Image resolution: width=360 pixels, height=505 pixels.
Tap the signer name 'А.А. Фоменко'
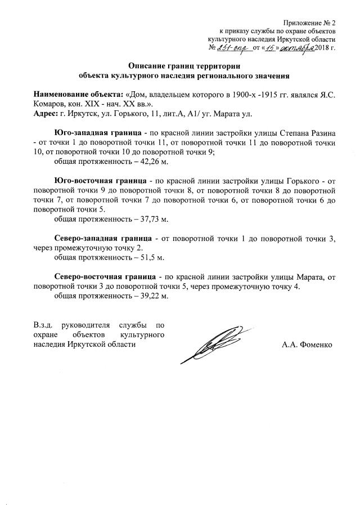(307, 345)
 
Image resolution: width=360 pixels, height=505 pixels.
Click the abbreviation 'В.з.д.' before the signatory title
(44, 324)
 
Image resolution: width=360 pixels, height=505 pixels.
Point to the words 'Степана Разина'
(308, 133)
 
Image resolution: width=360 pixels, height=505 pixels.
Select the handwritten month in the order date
(287, 48)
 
